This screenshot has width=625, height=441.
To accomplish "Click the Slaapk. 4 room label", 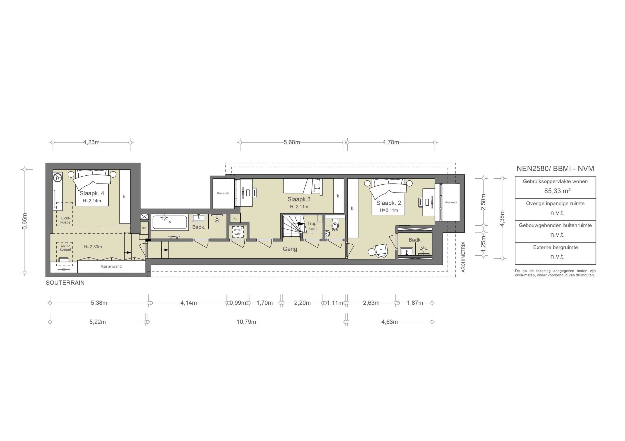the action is (x=92, y=193).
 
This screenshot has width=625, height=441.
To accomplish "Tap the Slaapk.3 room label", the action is (x=299, y=200).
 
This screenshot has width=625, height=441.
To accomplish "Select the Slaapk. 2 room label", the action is (x=388, y=203).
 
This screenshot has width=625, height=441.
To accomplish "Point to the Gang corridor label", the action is (x=290, y=249).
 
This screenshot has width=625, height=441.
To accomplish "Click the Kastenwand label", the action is (x=111, y=266).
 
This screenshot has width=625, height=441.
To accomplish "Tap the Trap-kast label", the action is (x=312, y=226).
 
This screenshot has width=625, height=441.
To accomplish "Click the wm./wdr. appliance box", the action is (x=238, y=232).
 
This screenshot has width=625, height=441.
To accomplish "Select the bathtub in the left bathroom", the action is (x=170, y=222).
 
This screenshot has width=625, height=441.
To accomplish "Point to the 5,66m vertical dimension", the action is (x=25, y=221).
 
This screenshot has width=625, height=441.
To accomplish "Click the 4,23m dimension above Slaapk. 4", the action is (x=91, y=142).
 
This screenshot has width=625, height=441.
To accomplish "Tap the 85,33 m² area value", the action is (x=557, y=191).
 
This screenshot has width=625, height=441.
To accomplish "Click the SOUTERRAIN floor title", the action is (x=65, y=283).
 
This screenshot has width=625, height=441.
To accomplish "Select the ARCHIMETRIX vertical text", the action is (x=463, y=257).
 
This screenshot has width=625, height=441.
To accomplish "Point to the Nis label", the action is (x=144, y=228).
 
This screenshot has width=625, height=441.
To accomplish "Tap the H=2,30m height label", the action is (x=93, y=247).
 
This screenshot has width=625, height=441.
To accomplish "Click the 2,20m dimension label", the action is (x=302, y=303).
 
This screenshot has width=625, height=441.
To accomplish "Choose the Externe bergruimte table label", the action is (x=555, y=247).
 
